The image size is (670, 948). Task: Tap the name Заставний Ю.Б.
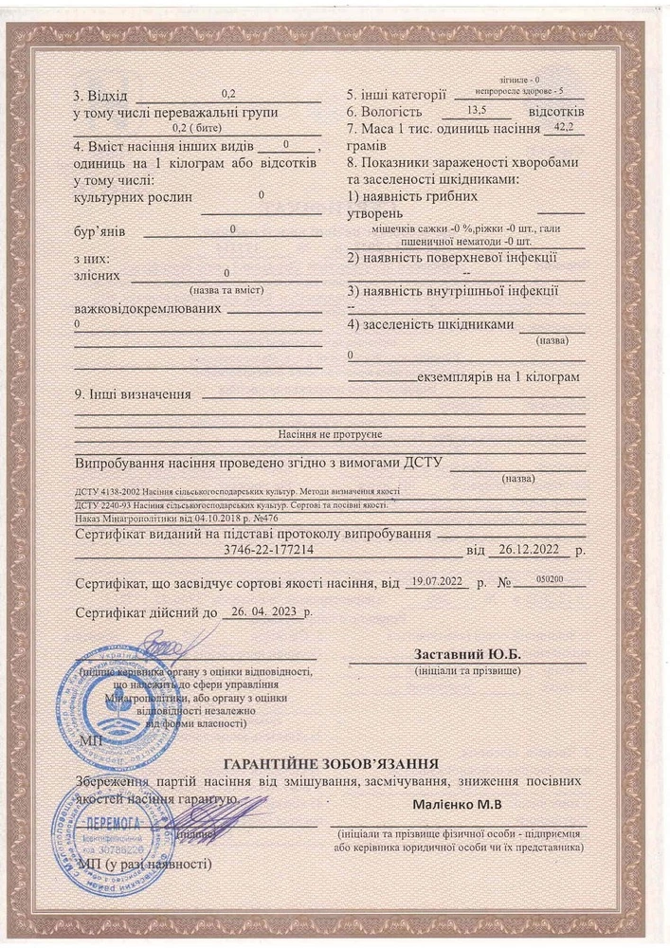468,655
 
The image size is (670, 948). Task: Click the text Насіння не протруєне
329,433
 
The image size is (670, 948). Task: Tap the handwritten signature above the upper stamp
152,646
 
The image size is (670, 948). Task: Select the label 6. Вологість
386,112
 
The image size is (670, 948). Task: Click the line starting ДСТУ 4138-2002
236,492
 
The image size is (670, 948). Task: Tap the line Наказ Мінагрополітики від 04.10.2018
175,520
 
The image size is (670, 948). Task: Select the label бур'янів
98,230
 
